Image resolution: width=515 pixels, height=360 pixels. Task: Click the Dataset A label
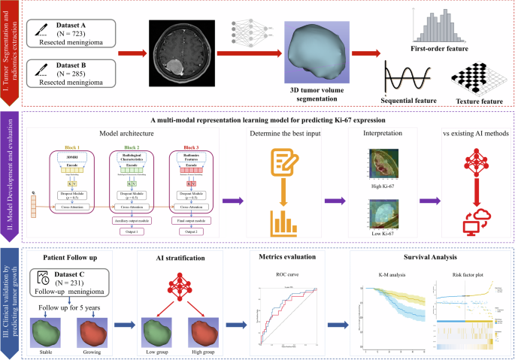(x=73, y=24)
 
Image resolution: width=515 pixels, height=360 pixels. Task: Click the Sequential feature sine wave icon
(x=406, y=78)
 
